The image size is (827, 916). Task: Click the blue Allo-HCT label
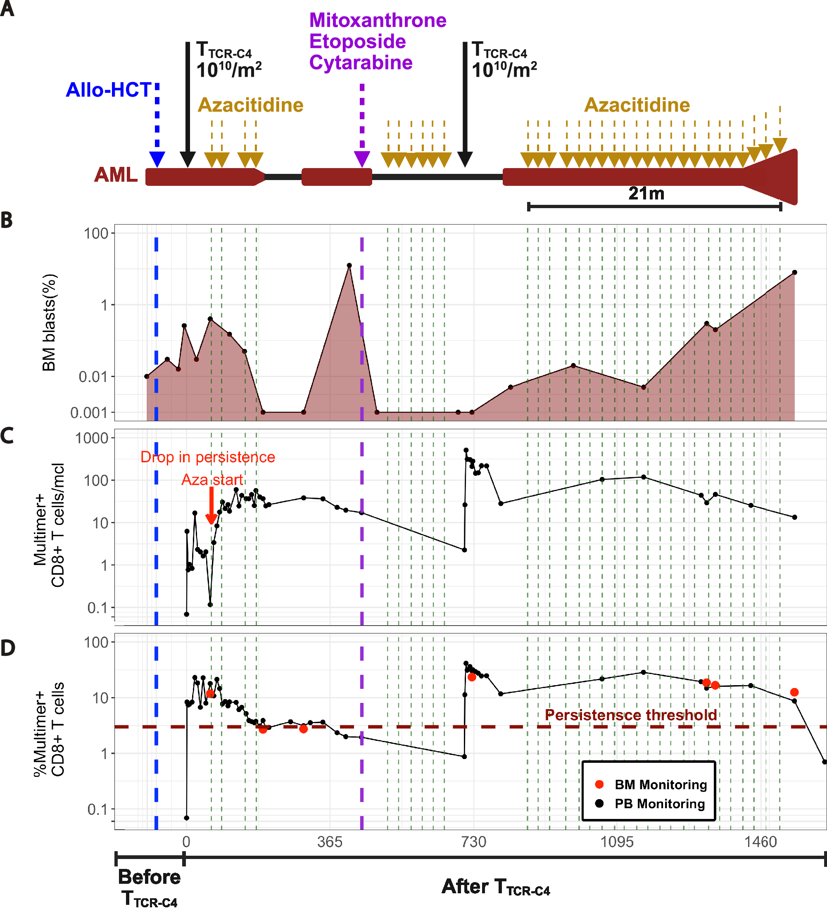point(109,90)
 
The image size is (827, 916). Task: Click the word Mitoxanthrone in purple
point(378,21)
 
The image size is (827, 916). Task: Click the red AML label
point(116,175)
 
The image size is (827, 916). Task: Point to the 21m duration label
point(646,194)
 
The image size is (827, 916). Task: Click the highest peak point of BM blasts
point(349,266)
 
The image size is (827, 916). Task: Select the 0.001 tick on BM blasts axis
point(89,413)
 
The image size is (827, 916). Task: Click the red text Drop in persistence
point(208,457)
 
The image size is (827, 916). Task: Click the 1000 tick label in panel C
point(92,438)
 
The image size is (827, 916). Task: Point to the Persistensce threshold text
point(631,715)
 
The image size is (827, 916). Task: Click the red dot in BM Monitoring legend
point(599,784)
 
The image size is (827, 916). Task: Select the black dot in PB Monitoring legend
point(599,803)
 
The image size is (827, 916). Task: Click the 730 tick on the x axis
point(473,842)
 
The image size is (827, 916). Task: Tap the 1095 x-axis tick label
point(617,842)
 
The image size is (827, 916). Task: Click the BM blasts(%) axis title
point(49,323)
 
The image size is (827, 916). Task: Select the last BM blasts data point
point(795,273)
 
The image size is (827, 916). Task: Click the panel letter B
point(6,221)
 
